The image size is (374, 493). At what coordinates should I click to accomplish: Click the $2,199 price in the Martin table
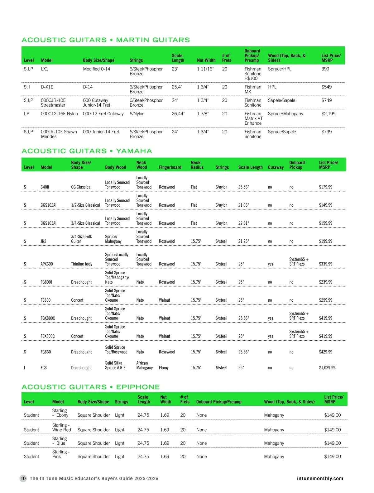coord(328,114)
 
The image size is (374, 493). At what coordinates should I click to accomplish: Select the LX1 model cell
coord(45,69)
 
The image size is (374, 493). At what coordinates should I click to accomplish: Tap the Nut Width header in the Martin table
coord(206,60)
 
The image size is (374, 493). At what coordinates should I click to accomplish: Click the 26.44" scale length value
coord(178,114)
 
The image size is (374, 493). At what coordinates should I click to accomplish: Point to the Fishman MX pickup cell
coord(253,89)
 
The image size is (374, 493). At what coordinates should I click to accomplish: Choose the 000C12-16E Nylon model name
coord(59,114)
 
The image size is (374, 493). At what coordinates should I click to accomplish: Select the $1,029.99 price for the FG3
coord(327,368)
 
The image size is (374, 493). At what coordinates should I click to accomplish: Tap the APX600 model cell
coord(47,264)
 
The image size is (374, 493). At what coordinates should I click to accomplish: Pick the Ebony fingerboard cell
coord(164,368)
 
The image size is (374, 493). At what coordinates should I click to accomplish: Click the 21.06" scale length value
coord(243,205)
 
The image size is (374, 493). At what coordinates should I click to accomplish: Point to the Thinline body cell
coord(82,264)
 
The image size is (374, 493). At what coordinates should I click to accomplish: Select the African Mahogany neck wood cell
coord(144,365)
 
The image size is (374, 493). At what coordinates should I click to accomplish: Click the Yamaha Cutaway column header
coord(276,167)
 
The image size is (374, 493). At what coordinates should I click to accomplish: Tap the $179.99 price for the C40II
coord(325,187)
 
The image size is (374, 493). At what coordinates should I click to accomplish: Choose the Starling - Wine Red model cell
coord(61,427)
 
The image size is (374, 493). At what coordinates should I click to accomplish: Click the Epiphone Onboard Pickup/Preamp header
coord(219,402)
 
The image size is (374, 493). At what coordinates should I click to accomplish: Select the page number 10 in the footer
coord(23,478)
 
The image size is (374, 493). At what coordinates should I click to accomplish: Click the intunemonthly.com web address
coord(320,478)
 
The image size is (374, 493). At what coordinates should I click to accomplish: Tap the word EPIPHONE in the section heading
coord(138,387)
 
